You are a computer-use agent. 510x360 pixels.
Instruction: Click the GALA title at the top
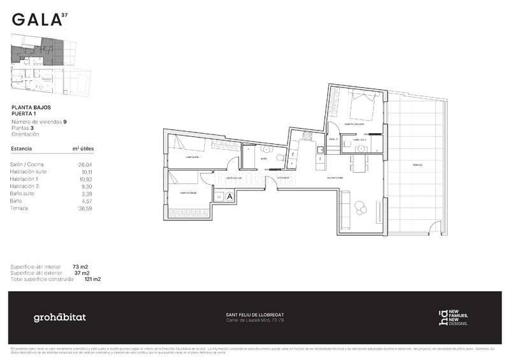pos(36,19)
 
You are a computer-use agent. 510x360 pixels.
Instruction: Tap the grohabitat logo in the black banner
pos(59,317)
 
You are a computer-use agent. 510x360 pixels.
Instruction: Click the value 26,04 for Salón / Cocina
pos(84,164)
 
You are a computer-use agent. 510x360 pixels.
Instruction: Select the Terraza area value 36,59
pos(84,208)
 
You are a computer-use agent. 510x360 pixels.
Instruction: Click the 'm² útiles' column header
pos(83,148)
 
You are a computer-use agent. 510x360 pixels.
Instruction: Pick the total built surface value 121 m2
pos(92,279)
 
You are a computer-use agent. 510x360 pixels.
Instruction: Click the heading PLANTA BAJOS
pos(36,108)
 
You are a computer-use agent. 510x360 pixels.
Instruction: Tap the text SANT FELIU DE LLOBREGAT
pos(255,315)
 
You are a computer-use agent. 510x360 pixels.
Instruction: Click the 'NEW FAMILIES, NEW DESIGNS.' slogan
pos(458,317)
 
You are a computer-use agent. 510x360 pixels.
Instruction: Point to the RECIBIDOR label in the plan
pos(283,178)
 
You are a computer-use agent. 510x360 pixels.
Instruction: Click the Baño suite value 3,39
pos(85,194)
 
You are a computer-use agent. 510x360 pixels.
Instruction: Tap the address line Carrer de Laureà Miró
pos(255,320)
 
